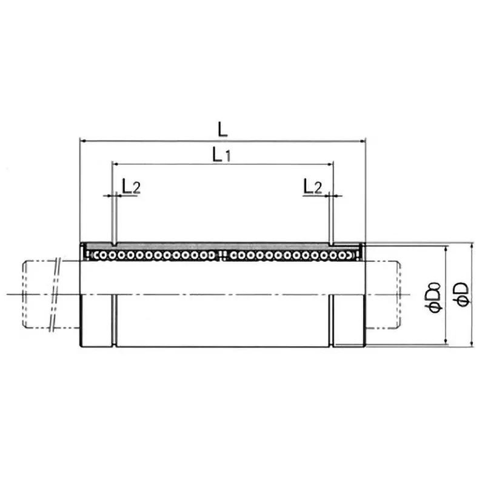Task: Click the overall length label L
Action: tap(223, 129)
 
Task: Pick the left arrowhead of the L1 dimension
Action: tap(114, 164)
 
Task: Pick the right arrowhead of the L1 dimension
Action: tap(330, 164)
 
